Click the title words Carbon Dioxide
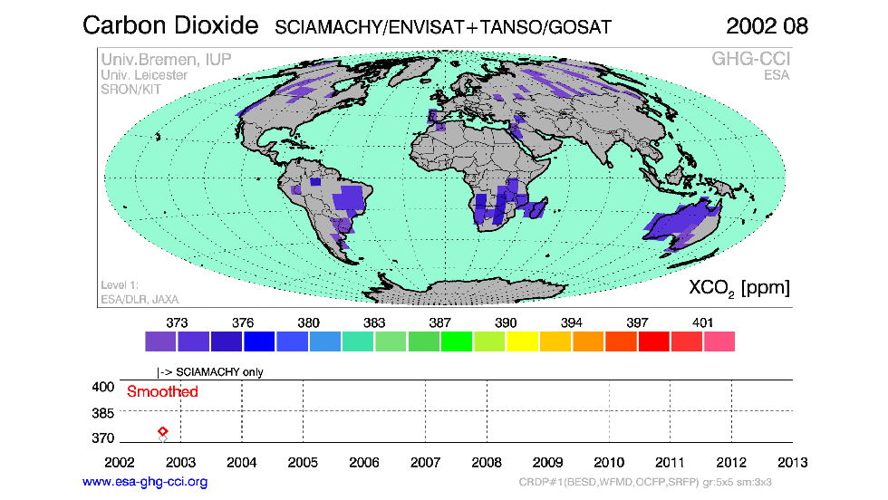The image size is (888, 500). click(x=170, y=25)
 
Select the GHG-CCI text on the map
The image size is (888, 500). click(x=749, y=60)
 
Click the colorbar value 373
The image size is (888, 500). click(x=178, y=322)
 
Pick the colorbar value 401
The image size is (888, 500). click(x=702, y=322)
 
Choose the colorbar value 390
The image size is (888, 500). click(x=506, y=322)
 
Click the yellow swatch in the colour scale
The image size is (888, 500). click(x=522, y=341)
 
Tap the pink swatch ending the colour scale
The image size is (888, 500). click(x=719, y=341)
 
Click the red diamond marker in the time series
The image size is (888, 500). click(x=163, y=432)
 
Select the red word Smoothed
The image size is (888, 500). click(x=162, y=392)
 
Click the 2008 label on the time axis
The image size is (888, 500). click(x=487, y=462)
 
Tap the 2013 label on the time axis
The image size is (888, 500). click(x=793, y=462)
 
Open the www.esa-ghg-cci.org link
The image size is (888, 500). click(x=145, y=482)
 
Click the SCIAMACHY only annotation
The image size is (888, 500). click(x=213, y=371)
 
